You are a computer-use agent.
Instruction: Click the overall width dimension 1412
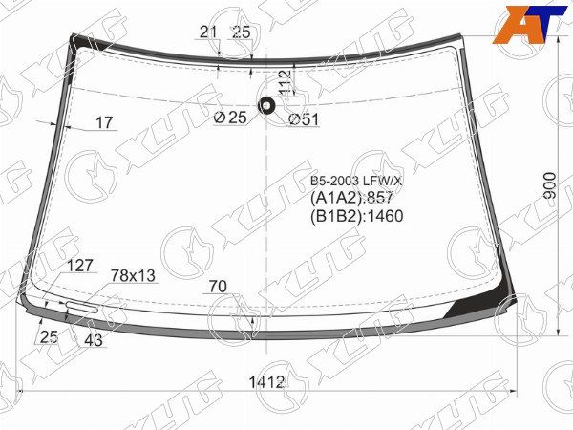[x=268, y=383]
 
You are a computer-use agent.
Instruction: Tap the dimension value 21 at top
[x=209, y=32]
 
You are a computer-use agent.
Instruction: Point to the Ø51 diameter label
[x=303, y=118]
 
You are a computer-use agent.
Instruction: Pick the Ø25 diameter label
[x=230, y=118]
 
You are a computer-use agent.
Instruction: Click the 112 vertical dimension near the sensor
[x=283, y=83]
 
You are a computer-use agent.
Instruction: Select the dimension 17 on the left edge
[x=104, y=122]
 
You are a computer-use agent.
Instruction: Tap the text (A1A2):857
[x=352, y=197]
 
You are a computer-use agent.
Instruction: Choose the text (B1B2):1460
[x=357, y=215]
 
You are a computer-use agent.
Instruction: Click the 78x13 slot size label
[x=133, y=275]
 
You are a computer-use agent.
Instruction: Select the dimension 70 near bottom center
[x=217, y=284]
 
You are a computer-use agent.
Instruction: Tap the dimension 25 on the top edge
[x=242, y=32]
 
